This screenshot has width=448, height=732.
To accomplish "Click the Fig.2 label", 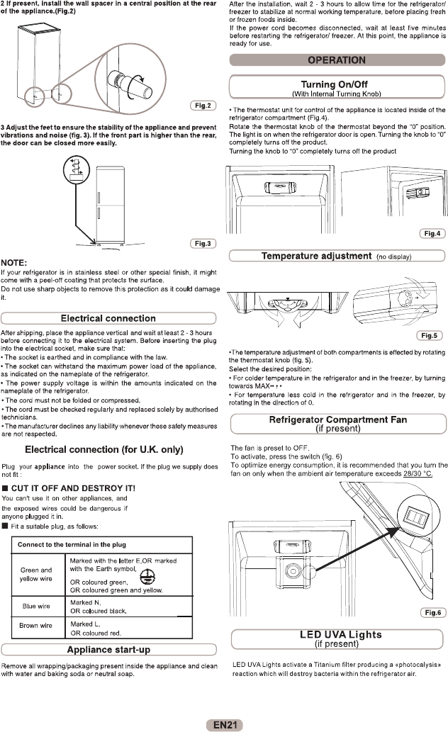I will click(203, 106).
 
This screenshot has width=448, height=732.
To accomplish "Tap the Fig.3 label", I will click(203, 244).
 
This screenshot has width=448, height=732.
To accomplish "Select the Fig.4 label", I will click(432, 233).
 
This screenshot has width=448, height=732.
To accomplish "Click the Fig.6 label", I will click(432, 612).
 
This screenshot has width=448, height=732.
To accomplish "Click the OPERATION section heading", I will click(337, 60).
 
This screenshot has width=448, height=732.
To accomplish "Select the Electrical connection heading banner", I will click(108, 318).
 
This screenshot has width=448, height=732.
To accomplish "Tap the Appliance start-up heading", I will click(108, 650).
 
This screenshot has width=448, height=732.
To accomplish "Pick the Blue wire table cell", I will click(35, 606).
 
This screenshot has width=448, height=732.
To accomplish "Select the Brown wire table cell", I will click(35, 626).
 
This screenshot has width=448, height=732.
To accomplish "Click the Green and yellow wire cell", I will click(35, 574).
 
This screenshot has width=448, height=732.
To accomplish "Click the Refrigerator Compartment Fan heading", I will click(337, 424).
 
